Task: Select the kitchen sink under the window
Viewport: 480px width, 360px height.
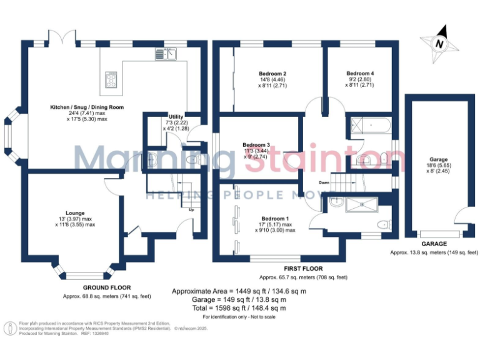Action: pyautogui.click(x=167, y=54)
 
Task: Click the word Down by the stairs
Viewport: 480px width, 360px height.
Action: pyautogui.click(x=324, y=182)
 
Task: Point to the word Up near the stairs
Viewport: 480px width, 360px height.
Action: pyautogui.click(x=191, y=209)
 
